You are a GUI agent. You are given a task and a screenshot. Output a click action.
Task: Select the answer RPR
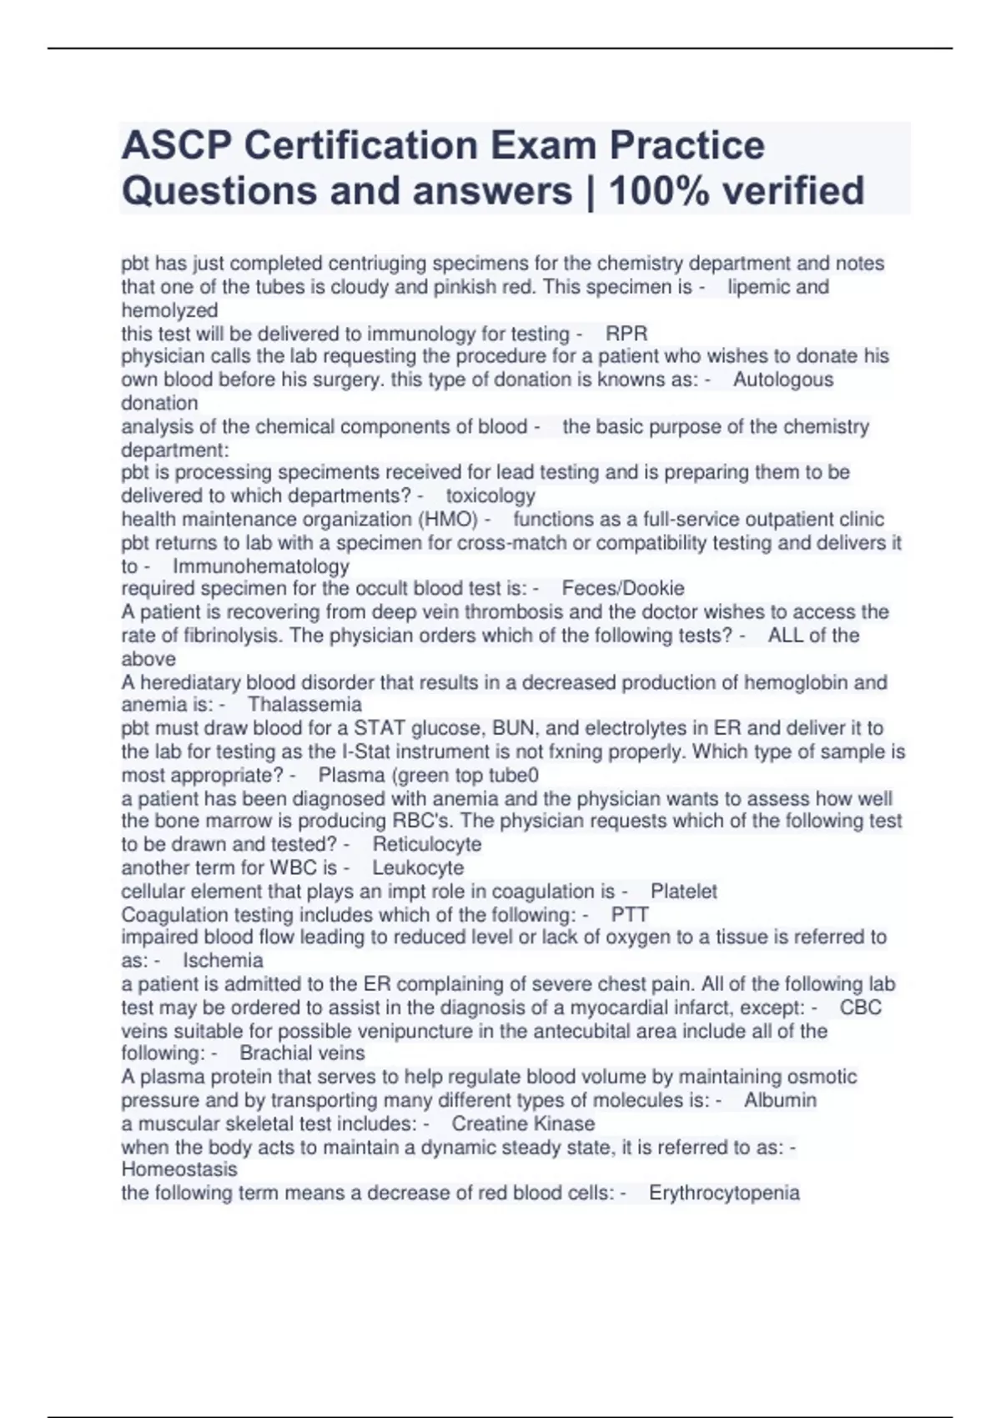point(626,334)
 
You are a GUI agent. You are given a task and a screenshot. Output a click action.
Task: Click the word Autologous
point(782,380)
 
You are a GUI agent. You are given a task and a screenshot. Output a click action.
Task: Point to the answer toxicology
point(490,495)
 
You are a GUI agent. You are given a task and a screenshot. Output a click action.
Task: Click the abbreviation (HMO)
point(448,519)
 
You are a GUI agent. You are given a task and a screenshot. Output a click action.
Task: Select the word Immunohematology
point(261,566)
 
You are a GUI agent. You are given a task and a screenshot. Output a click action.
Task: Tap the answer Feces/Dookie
point(623,588)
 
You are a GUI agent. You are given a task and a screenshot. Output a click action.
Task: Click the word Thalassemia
point(304,705)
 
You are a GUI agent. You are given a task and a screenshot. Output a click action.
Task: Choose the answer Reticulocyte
point(427,844)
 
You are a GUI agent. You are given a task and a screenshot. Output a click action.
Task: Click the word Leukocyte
point(418,867)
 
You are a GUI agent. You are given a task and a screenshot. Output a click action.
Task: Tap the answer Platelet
point(684,891)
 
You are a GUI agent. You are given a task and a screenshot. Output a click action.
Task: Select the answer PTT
point(630,914)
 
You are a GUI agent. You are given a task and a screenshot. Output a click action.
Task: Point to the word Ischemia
point(223,960)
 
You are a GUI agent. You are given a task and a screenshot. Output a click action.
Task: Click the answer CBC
point(861,1007)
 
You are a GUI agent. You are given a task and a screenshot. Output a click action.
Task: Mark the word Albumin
point(780,1100)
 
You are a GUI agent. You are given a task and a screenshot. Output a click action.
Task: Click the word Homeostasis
point(179,1169)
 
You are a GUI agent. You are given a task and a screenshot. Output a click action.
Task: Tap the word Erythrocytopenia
point(724,1193)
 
